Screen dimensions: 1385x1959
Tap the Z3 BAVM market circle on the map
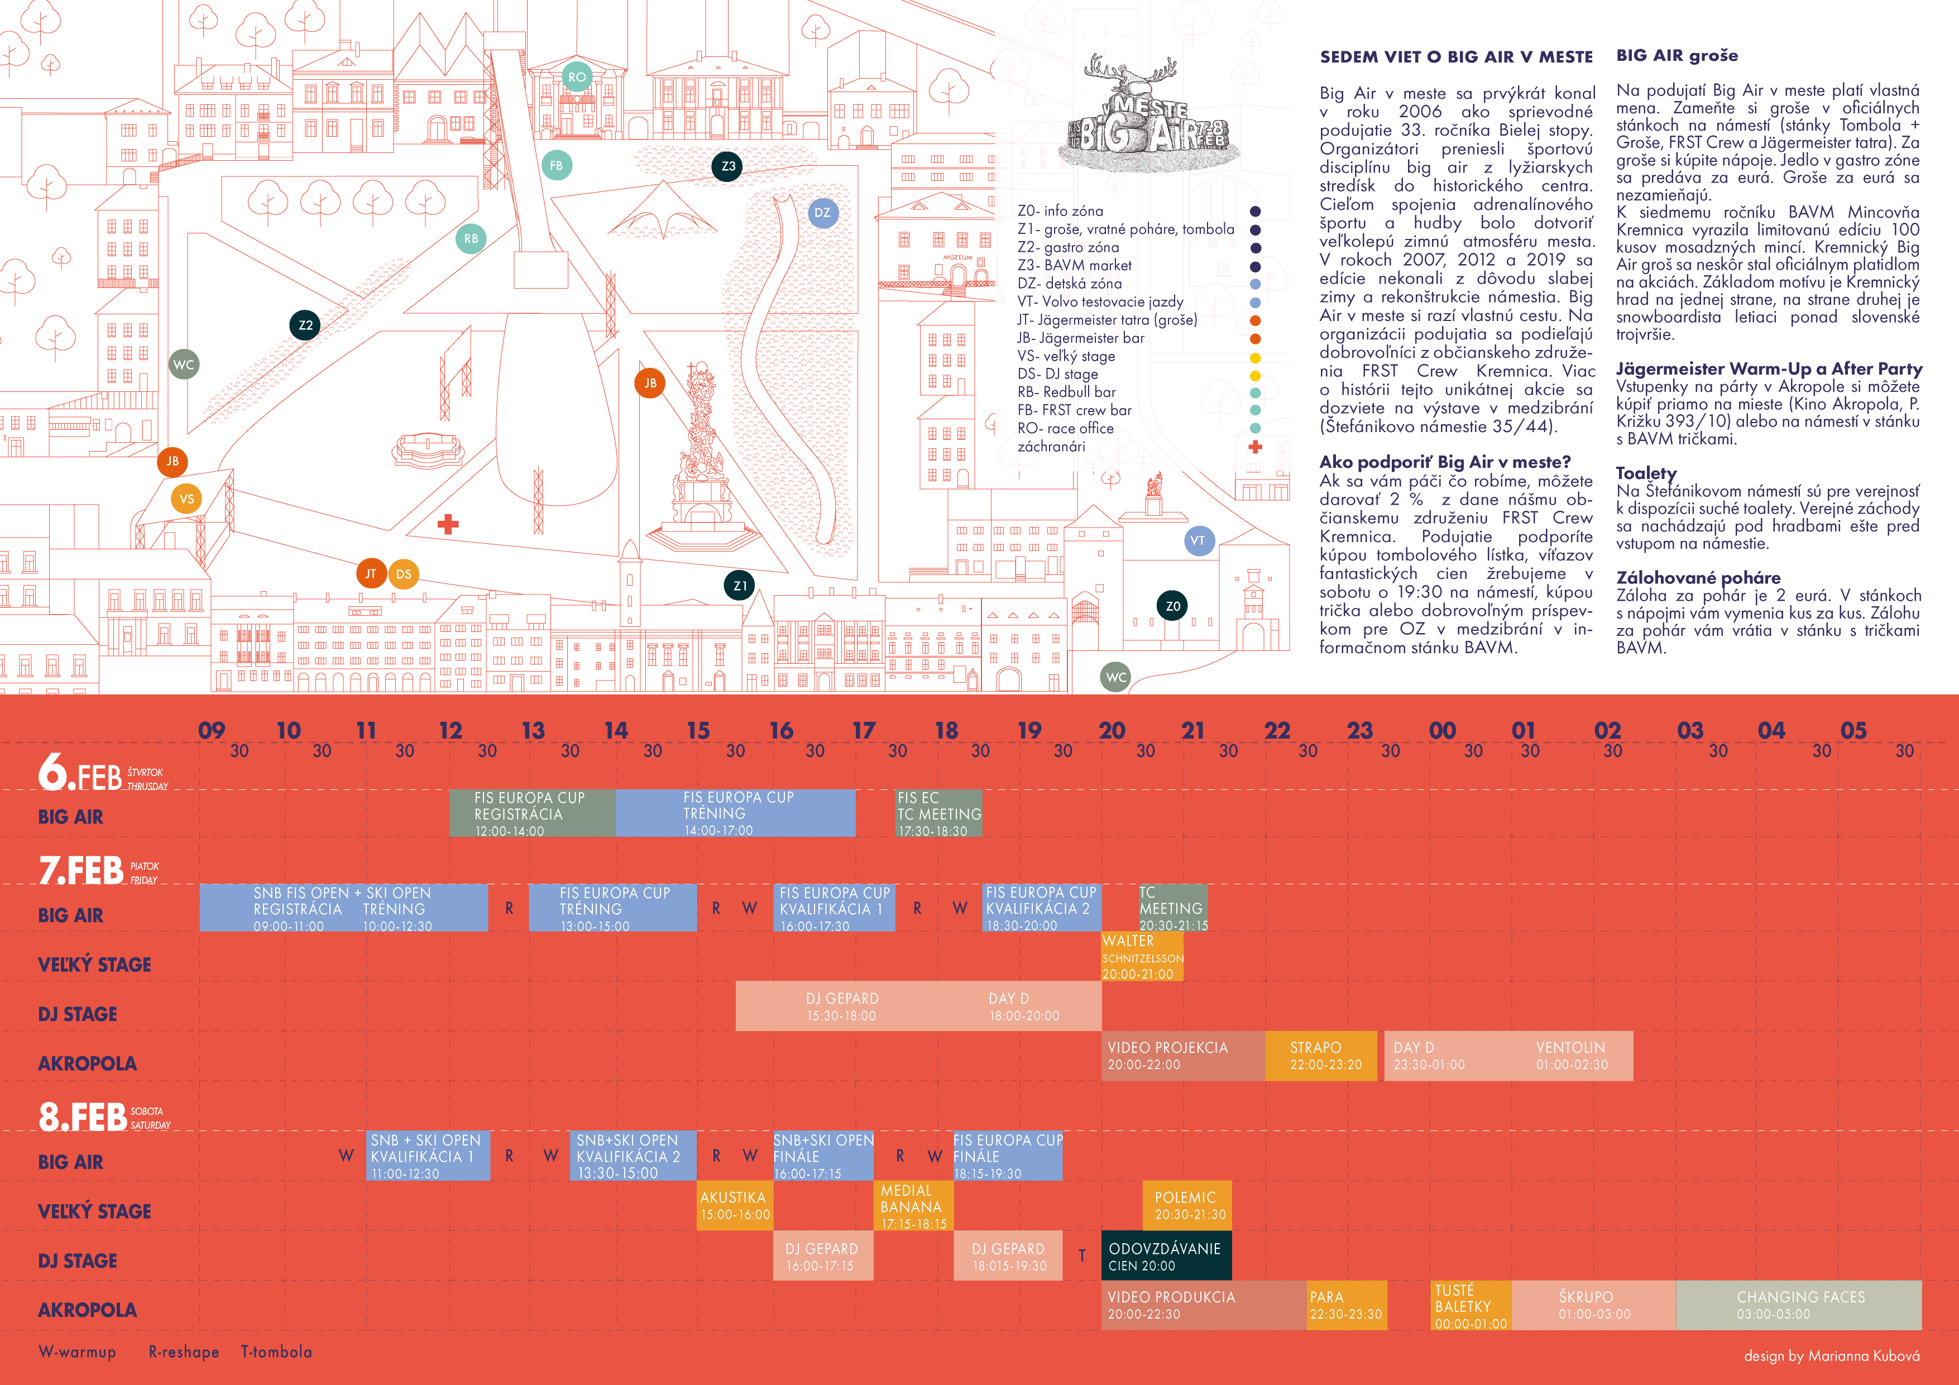pyautogui.click(x=728, y=166)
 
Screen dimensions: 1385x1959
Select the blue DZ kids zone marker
pyautogui.click(x=822, y=213)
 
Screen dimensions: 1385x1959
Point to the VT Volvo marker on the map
pyautogui.click(x=1198, y=540)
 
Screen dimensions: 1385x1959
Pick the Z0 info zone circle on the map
pyautogui.click(x=1173, y=606)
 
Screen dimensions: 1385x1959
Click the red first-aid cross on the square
pyautogui.click(x=448, y=524)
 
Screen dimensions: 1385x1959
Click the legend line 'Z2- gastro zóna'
pyautogui.click(x=1067, y=247)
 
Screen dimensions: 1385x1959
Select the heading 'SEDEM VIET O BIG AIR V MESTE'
pyautogui.click(x=1455, y=57)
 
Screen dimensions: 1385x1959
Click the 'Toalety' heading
pyautogui.click(x=1646, y=473)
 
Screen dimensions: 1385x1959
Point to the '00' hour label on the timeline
pyautogui.click(x=1442, y=731)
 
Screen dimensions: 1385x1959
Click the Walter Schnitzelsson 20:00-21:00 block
pyautogui.click(x=1142, y=957)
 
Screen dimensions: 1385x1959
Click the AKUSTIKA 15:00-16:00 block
pyautogui.click(x=735, y=1205)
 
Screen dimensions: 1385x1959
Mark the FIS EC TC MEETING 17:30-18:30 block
pyautogui.click(x=938, y=813)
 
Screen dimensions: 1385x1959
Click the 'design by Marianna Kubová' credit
pyautogui.click(x=1831, y=1356)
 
